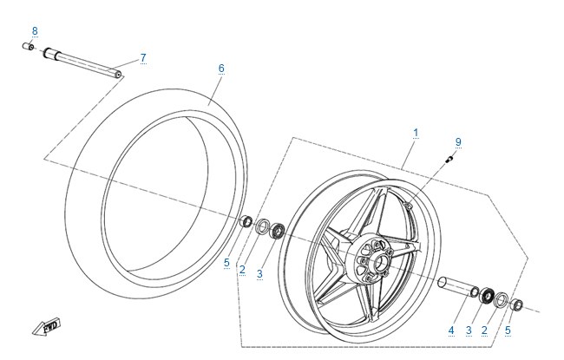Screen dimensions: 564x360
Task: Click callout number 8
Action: [x=35, y=31]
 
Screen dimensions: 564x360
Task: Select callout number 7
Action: [x=143, y=58]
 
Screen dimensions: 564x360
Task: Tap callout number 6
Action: [x=221, y=69]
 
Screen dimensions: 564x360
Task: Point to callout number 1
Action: [x=416, y=133]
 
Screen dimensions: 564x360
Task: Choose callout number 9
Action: [x=458, y=142]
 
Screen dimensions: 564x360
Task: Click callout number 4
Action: [x=451, y=331]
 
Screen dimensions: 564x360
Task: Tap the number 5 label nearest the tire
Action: [x=226, y=263]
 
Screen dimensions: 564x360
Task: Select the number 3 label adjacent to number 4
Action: [x=469, y=331]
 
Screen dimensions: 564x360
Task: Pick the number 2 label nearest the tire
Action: [x=242, y=270]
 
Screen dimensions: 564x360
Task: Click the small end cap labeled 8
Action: [x=28, y=46]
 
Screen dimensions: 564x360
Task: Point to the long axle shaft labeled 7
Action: [x=82, y=63]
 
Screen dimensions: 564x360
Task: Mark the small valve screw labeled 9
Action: [x=449, y=159]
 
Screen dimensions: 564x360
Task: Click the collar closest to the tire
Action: [x=246, y=221]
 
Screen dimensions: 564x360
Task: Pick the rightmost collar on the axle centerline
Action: [x=516, y=304]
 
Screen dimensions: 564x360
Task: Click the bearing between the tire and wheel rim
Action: [x=278, y=231]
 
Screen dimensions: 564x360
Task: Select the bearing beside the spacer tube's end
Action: [x=487, y=295]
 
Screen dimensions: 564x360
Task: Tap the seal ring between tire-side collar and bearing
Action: [x=262, y=226]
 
